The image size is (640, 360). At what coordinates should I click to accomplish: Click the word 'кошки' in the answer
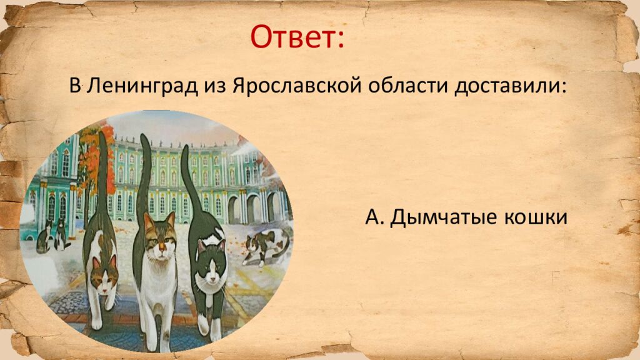[x=535, y=217]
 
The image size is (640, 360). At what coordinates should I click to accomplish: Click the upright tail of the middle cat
[x=145, y=175]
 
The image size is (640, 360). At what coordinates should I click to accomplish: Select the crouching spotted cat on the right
[x=266, y=245]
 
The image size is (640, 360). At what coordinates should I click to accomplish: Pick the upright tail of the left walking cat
[x=101, y=169]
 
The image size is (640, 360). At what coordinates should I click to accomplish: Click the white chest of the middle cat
[x=156, y=275]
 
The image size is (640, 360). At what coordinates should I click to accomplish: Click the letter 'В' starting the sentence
[x=75, y=86]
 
